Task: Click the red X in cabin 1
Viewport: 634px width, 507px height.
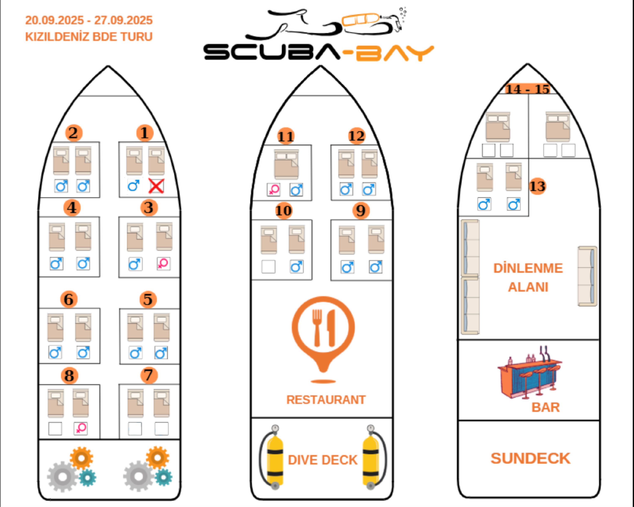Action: tap(156, 186)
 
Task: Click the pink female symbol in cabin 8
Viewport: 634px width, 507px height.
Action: tap(81, 428)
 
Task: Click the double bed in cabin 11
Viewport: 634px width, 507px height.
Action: tap(286, 164)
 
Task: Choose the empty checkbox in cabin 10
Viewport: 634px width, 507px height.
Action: tap(268, 267)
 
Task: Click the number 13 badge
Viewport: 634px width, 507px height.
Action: tap(537, 186)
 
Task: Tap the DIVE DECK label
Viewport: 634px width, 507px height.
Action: tap(323, 460)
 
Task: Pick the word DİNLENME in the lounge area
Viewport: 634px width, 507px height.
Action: tap(528, 268)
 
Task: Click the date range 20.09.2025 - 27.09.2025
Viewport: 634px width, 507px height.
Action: tap(89, 20)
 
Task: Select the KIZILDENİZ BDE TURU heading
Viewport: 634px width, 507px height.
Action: tap(89, 37)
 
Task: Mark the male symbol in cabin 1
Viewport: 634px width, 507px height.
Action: tap(134, 186)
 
